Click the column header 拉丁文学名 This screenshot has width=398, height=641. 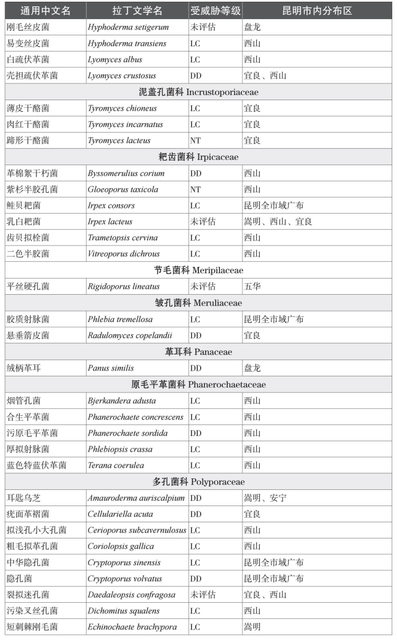click(x=137, y=11)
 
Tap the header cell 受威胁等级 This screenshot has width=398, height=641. click(x=215, y=11)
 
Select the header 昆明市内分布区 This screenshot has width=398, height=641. click(x=317, y=11)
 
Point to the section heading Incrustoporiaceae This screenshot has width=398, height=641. click(x=198, y=92)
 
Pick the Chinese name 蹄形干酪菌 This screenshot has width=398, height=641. click(x=28, y=141)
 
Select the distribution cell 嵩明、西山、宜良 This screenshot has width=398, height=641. click(x=278, y=222)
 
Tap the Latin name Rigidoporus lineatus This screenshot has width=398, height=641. click(x=124, y=287)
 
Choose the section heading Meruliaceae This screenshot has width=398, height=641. click(x=198, y=303)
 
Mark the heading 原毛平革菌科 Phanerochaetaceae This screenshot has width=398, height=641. click(x=198, y=384)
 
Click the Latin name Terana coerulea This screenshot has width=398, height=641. click(x=116, y=465)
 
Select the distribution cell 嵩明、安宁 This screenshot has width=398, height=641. click(x=265, y=498)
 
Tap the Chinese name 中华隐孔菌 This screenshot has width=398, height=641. click(x=28, y=563)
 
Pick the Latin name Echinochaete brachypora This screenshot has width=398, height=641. click(x=132, y=627)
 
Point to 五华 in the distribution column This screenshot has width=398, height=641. click(x=252, y=287)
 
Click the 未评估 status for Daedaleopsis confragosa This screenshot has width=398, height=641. click(x=202, y=595)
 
